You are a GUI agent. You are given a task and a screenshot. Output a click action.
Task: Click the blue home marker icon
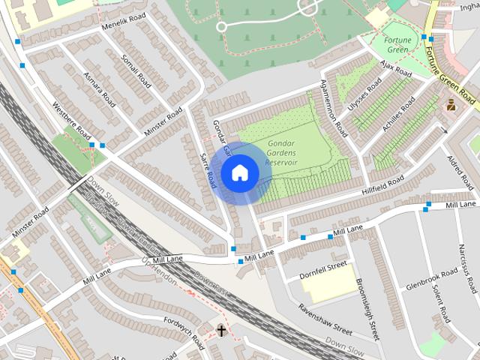tap(239, 173)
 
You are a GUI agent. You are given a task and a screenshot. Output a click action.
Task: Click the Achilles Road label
tap(397, 115)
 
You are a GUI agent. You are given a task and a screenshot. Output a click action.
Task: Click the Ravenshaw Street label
tap(324, 319)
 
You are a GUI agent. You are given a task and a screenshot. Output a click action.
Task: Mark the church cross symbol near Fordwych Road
tap(221, 330)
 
